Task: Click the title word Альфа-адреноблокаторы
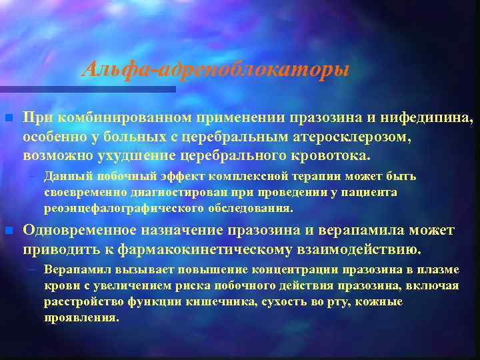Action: [215, 69]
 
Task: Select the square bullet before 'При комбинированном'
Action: [8, 119]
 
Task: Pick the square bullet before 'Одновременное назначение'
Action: [8, 231]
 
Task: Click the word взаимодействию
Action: [362, 249]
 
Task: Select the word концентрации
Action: [292, 270]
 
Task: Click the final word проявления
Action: [81, 318]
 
